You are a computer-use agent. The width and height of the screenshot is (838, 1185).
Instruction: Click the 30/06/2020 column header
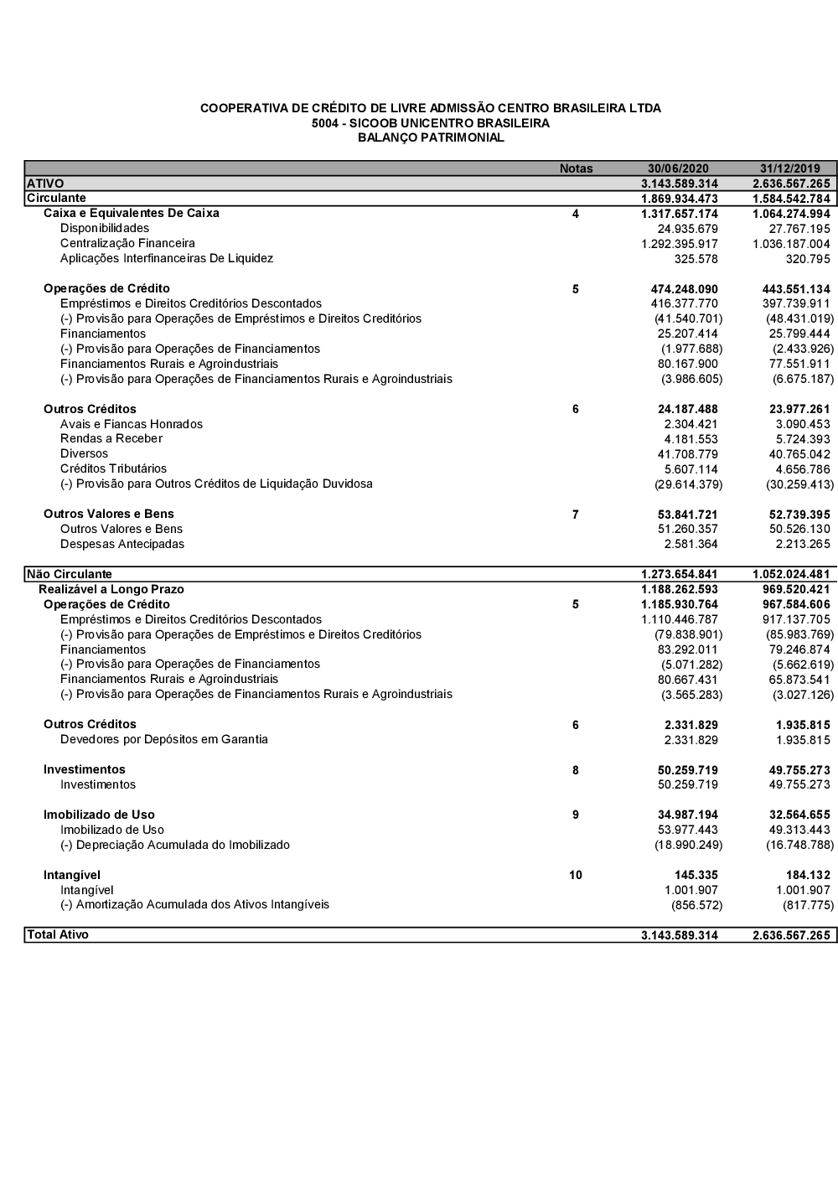tap(678, 168)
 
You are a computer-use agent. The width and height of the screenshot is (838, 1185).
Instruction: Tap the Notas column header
tap(576, 168)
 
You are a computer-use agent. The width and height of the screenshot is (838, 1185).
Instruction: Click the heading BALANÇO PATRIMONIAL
tap(431, 137)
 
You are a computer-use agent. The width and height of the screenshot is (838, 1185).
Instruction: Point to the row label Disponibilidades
tap(105, 228)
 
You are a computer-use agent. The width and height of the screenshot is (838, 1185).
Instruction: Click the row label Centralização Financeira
tap(127, 243)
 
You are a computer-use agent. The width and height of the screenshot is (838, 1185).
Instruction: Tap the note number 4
tap(576, 214)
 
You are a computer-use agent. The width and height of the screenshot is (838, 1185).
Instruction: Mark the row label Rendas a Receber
tap(111, 438)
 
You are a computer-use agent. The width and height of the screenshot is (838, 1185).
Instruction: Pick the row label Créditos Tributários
tap(113, 468)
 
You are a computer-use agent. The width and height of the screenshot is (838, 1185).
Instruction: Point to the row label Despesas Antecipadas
tap(122, 544)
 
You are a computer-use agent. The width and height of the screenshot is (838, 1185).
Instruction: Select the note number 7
tap(576, 515)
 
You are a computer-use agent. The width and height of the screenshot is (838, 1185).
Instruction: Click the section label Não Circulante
tap(70, 574)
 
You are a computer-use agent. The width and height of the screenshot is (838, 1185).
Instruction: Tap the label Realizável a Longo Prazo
tap(111, 589)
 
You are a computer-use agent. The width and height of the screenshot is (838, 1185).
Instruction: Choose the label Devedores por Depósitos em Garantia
tap(164, 739)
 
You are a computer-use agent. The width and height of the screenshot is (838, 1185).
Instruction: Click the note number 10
tap(576, 875)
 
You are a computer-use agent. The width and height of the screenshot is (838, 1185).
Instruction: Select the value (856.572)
tap(696, 905)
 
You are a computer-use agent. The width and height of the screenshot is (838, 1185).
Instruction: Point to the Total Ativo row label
tap(58, 934)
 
